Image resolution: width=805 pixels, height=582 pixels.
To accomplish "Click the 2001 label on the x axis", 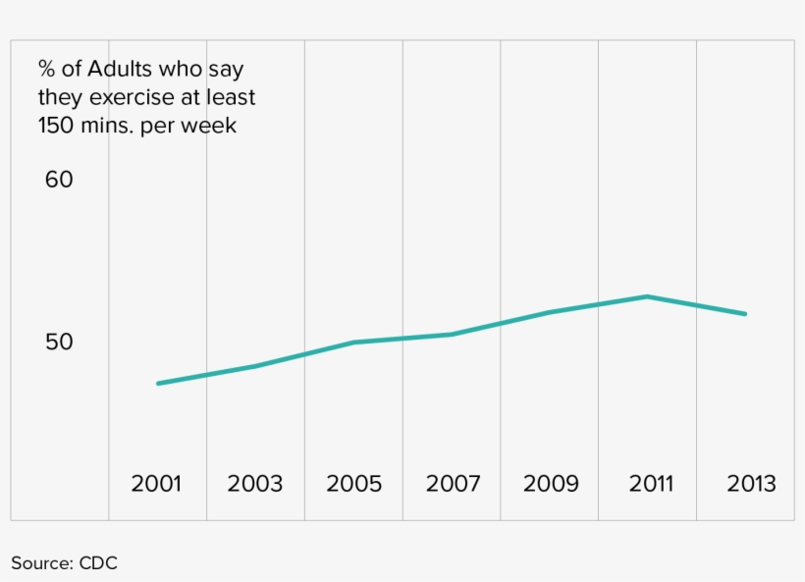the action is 156,484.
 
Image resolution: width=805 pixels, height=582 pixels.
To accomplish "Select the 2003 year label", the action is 254,484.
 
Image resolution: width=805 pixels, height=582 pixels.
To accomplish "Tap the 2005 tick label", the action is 353,484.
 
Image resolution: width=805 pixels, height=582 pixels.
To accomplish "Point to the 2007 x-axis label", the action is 453,484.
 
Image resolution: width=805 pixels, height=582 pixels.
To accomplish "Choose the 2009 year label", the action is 551,484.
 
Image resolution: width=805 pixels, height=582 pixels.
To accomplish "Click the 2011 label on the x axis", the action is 651,484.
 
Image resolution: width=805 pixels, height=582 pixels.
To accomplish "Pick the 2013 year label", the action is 751,484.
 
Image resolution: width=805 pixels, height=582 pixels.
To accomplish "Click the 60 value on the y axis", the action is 59,180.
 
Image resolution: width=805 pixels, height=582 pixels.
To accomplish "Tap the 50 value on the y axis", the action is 59,342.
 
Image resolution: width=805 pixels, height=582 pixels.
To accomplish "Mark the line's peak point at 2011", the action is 647,296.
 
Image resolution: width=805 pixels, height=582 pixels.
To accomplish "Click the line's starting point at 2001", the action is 158,384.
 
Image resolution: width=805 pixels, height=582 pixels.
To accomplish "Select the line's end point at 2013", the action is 745,314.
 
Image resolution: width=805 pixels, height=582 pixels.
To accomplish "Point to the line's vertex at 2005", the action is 354,343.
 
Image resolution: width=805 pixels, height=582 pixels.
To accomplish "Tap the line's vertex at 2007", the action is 452,335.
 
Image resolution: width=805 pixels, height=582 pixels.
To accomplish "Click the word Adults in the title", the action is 120,69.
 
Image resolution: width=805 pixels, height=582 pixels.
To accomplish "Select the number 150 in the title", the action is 57,126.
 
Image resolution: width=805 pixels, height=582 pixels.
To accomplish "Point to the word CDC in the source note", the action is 98,563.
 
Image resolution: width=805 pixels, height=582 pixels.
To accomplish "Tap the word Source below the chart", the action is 42,563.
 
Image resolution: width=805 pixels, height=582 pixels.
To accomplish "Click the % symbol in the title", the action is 46,69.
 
